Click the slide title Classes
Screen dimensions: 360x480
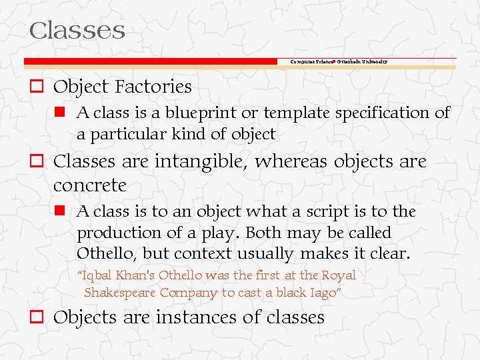click(77, 31)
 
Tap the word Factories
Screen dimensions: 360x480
click(153, 87)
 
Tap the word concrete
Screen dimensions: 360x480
click(89, 184)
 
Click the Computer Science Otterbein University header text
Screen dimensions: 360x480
click(339, 61)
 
